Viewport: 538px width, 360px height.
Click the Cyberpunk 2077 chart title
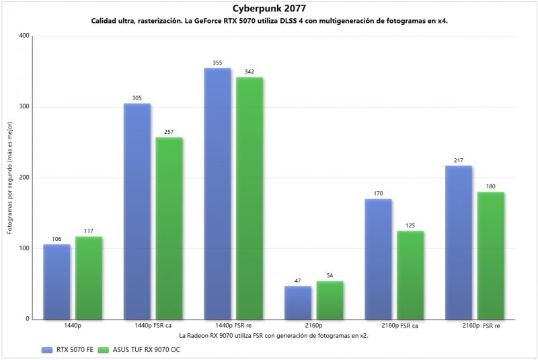click(268, 9)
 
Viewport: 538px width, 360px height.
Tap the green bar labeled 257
click(169, 228)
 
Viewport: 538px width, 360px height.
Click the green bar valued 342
click(249, 198)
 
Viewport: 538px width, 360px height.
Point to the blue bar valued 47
click(298, 303)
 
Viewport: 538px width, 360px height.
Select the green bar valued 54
click(330, 300)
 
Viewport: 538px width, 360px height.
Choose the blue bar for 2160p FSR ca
click(378, 259)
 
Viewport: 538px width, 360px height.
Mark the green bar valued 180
click(491, 255)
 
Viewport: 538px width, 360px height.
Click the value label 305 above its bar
click(137, 98)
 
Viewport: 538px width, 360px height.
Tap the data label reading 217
click(459, 160)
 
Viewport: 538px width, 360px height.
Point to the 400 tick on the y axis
click(25, 36)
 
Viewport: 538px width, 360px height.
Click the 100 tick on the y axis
click(25, 248)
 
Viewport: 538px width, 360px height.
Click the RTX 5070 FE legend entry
click(66, 350)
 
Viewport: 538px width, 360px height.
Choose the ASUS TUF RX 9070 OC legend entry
click(139, 350)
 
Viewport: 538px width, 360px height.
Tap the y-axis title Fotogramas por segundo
click(10, 178)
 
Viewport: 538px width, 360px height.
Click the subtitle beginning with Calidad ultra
click(269, 21)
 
